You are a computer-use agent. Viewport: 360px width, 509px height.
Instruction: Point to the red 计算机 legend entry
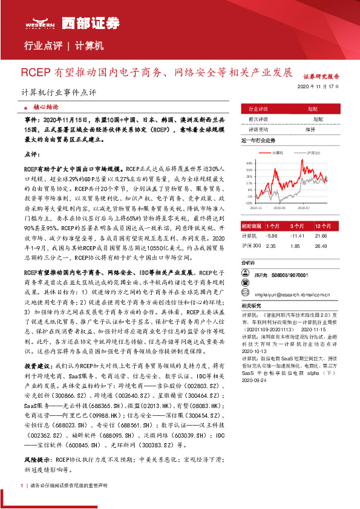tap(275, 153)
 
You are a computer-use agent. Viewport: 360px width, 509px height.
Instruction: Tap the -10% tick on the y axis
tap(249, 203)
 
